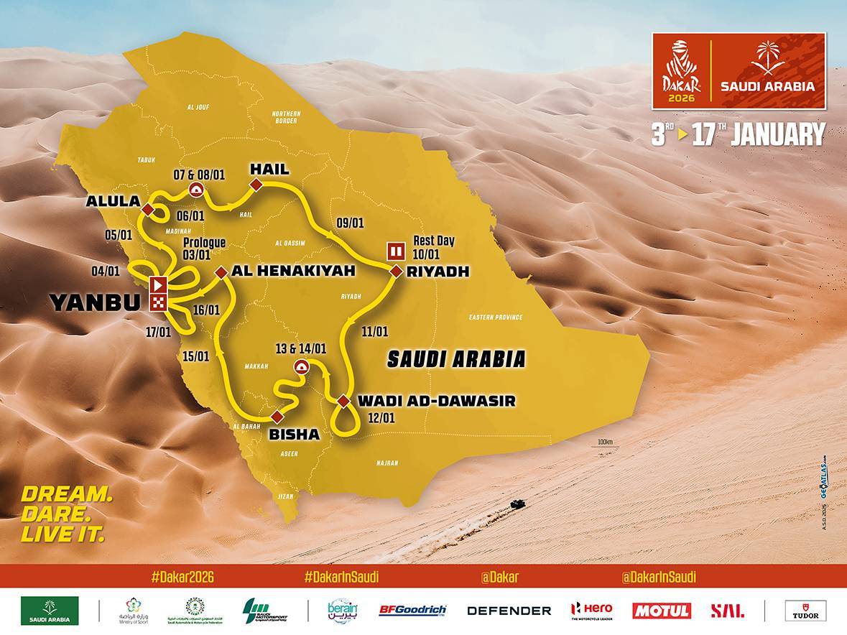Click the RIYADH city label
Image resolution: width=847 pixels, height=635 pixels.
[438, 272]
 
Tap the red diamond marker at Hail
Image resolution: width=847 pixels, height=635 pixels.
[254, 187]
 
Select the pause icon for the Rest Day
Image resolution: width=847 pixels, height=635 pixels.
[395, 251]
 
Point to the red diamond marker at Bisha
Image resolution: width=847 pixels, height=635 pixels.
[277, 417]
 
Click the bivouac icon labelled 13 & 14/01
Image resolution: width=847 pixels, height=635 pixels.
[300, 368]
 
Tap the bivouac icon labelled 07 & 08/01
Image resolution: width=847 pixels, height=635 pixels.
[195, 189]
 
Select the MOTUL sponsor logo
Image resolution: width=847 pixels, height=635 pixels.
[661, 611]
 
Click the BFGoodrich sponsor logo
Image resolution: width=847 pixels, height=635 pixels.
[412, 611]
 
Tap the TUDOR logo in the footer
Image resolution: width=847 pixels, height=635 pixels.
[805, 611]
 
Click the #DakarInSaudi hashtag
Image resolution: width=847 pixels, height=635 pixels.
[341, 577]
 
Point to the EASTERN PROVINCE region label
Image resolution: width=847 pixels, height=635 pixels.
[495, 317]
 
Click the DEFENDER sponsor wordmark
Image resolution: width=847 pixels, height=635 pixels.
[509, 611]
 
